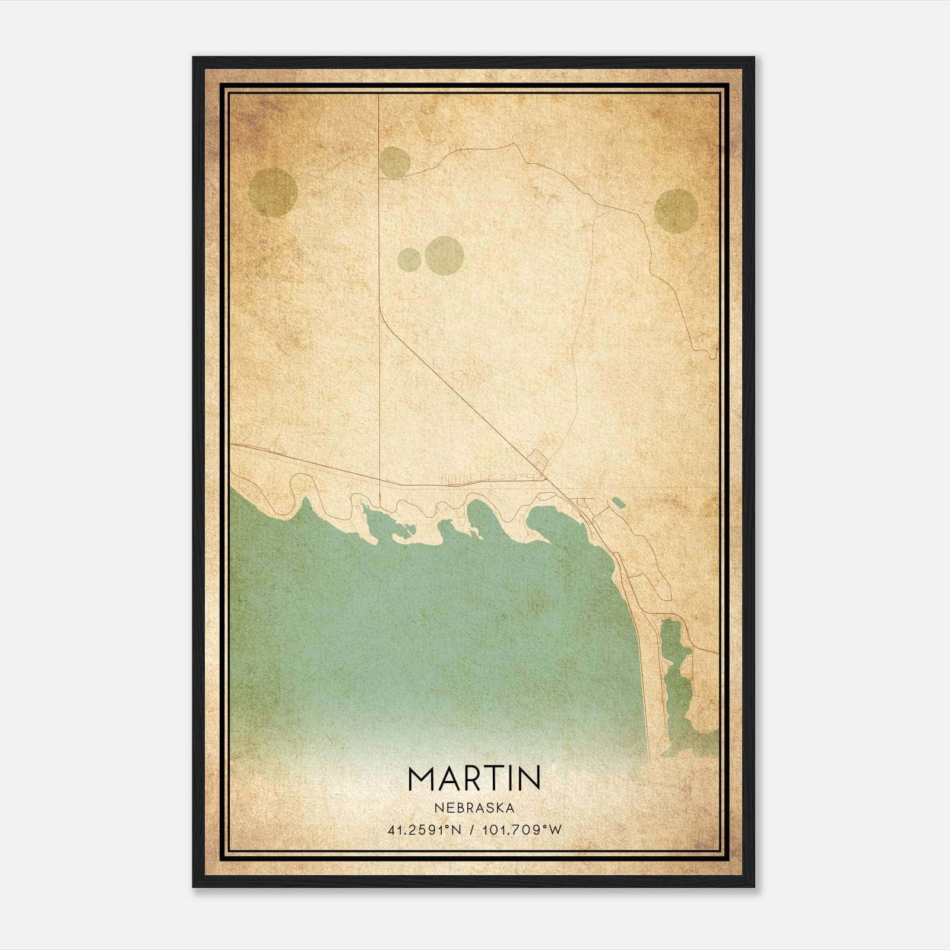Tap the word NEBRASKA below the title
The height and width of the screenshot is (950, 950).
(474, 808)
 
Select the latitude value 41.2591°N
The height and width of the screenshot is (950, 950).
(425, 830)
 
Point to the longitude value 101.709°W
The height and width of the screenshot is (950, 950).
(521, 830)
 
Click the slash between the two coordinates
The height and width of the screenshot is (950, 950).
(471, 830)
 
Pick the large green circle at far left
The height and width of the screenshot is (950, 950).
(273, 192)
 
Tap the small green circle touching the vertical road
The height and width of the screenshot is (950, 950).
(394, 161)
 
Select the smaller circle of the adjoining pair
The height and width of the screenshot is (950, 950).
(410, 259)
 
